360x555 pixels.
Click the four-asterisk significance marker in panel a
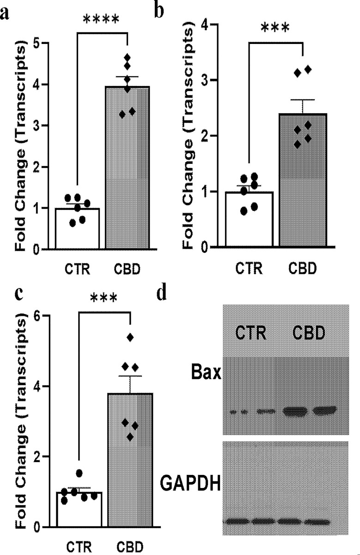tap(101, 20)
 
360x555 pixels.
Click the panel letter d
tap(161, 295)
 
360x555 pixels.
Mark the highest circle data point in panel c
tap(79, 473)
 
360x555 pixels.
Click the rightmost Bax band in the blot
tap(323, 410)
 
